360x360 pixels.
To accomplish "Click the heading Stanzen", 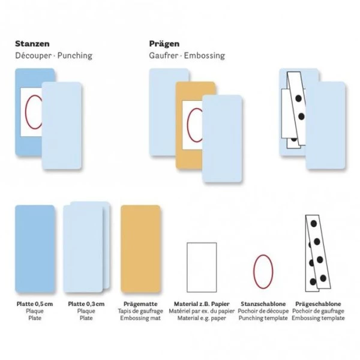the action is [32, 44].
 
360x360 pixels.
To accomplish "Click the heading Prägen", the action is [164, 44].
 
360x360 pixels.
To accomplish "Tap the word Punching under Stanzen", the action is [75, 56].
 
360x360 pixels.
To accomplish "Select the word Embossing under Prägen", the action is [205, 56].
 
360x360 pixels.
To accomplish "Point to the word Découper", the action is [33, 56].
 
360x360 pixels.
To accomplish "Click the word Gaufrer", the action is [163, 56].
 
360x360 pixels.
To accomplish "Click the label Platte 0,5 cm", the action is [35, 304].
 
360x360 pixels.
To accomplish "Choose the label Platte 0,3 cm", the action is [86, 304].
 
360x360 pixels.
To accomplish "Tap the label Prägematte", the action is [140, 304].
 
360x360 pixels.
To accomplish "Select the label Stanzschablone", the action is [263, 304].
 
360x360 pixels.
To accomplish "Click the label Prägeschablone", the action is [318, 304].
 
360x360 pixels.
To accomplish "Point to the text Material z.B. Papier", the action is [202, 304].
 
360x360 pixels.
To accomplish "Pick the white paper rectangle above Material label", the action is [202, 267].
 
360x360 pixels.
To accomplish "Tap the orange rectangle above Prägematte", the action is [140, 249].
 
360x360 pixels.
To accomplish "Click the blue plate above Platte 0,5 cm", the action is [35, 249].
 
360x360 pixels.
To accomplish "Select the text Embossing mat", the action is [140, 318].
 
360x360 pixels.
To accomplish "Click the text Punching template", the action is [263, 318].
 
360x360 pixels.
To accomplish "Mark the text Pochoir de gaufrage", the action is [318, 311].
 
